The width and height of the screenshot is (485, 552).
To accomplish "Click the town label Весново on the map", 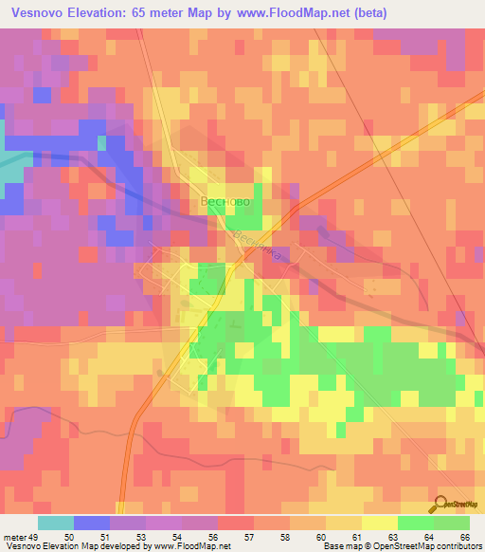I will point(226,202).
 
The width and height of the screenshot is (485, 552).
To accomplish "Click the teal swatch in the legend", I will point(55,523).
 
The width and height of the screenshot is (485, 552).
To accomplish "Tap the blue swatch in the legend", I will point(91,523).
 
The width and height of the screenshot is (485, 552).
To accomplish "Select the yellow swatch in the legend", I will point(379,523).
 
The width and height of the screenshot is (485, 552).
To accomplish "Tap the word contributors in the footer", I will point(456,546).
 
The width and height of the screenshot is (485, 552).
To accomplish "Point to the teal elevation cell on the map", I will point(9,171).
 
